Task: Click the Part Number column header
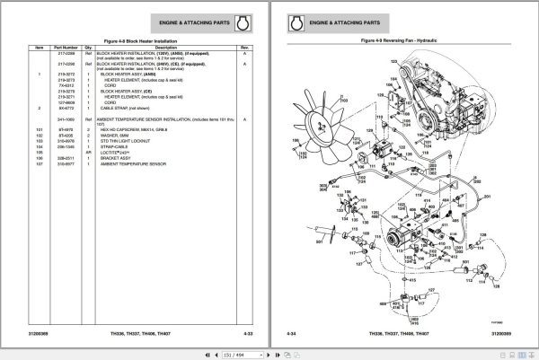click(66, 48)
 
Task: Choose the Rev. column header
click(245, 48)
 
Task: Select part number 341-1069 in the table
click(66, 117)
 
